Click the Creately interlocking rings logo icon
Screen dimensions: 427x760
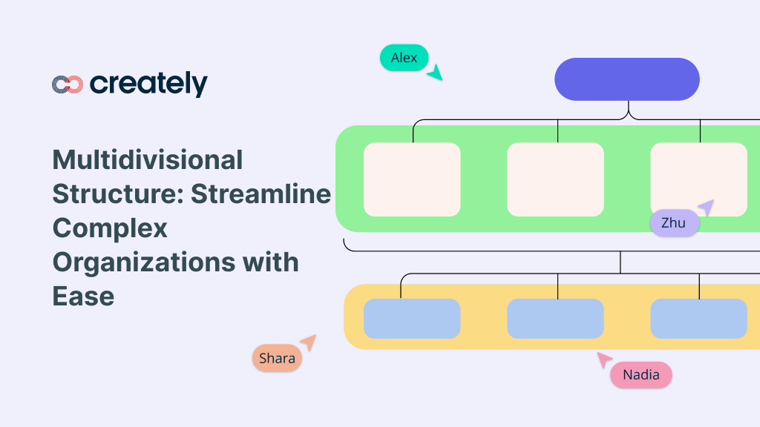(67, 85)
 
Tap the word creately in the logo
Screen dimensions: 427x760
(148, 84)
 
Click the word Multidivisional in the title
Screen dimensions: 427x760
(148, 159)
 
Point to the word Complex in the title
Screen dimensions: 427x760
(110, 228)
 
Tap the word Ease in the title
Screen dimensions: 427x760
(83, 296)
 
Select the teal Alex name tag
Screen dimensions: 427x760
(404, 58)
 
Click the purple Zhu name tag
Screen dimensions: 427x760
(674, 223)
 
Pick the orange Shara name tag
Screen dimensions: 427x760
(277, 359)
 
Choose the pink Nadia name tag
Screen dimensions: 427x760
(641, 375)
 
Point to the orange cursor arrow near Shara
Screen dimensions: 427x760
(307, 342)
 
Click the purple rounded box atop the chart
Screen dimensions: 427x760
(626, 79)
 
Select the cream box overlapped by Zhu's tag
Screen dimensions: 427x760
(698, 174)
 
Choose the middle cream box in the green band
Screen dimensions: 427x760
(555, 179)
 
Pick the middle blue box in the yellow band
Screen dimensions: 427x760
(555, 319)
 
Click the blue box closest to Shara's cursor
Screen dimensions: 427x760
(412, 319)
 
